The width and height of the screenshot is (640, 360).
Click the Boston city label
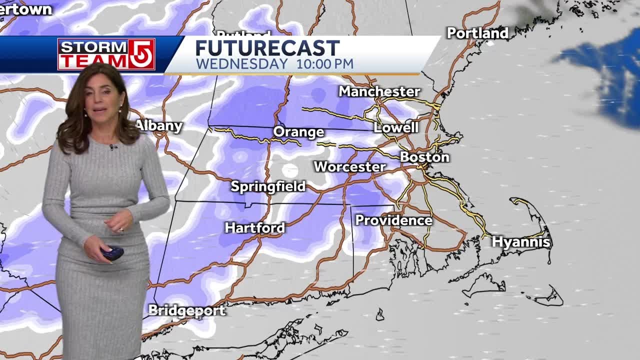424,157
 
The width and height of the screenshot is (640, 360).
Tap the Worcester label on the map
349,166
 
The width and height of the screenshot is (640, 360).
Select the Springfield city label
268,186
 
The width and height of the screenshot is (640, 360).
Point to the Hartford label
255,227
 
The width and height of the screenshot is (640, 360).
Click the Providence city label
393,220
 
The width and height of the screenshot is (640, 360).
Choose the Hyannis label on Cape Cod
520,242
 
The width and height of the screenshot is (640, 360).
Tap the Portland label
477,33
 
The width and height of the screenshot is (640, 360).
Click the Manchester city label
379,91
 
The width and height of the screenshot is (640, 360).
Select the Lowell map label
396,127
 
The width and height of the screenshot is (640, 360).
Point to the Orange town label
298,132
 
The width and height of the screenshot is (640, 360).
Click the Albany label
159,125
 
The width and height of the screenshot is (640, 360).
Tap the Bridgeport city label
187,310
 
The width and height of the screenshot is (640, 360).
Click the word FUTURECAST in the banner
267,48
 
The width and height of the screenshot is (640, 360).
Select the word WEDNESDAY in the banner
241,64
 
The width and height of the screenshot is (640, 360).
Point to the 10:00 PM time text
324,64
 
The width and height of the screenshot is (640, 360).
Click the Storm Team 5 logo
106,54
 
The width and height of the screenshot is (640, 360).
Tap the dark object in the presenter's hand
112,252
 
